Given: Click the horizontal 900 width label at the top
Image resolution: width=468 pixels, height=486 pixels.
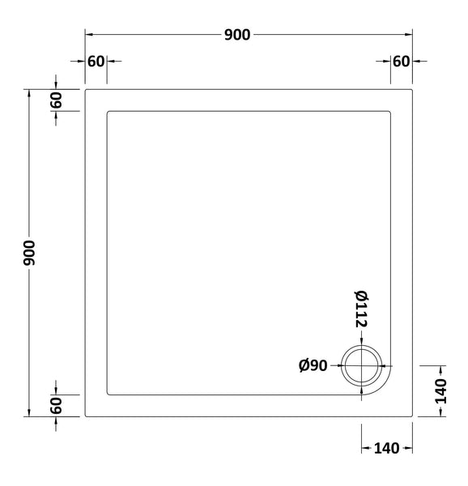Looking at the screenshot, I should (x=238, y=34).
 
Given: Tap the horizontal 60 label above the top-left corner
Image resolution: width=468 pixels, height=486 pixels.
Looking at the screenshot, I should (x=96, y=62).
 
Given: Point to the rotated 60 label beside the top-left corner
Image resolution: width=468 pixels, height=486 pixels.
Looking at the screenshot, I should (x=56, y=100).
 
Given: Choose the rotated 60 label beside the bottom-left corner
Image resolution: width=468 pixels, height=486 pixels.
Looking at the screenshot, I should (x=56, y=405).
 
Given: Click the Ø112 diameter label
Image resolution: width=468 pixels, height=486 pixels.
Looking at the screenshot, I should (x=361, y=309).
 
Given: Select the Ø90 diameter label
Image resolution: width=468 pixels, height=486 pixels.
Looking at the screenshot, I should (x=313, y=366).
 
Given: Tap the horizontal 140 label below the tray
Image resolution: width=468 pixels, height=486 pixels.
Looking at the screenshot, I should (x=386, y=448).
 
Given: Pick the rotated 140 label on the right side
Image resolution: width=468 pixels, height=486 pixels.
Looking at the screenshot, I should (x=441, y=391).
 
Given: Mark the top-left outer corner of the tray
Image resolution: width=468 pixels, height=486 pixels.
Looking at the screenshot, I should (x=86, y=89).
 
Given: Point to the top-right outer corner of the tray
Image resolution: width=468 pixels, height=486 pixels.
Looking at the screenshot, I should (x=413, y=89).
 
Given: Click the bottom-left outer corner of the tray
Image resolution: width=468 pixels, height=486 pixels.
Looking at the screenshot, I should (x=86, y=416).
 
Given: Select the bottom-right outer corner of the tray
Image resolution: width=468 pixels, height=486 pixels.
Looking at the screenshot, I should (x=413, y=416).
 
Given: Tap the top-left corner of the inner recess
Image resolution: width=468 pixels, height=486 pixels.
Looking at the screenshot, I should (x=108, y=111).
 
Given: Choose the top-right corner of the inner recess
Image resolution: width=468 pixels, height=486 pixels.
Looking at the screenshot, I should (x=391, y=111).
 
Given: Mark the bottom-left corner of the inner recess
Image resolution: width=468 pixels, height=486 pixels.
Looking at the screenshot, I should (x=108, y=394).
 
